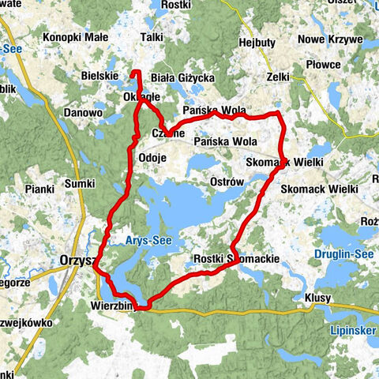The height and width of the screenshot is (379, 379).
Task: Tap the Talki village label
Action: click(151, 36)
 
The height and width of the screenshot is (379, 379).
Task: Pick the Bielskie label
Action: click(99, 77)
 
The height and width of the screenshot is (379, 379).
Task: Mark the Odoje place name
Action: click(152, 157)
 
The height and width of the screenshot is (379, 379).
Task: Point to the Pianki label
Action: click(37, 189)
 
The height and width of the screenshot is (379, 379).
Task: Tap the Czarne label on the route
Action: click(167, 133)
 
